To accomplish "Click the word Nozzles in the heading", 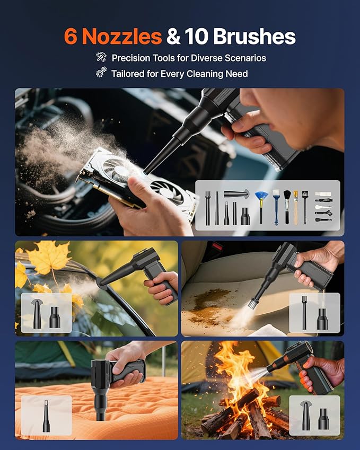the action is pos(122,37).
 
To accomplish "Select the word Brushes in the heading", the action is pos(254,37).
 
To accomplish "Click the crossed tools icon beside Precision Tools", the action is pos(101,57).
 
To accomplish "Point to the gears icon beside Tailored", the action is pos(101,72).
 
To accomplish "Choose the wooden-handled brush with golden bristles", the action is pos(296,207).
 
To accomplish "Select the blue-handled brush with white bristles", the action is pos(276,207).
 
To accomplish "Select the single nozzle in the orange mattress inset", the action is pos(46,416).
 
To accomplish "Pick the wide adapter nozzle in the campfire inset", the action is pos(324,419).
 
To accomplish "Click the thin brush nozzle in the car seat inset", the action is pos(304,313).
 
